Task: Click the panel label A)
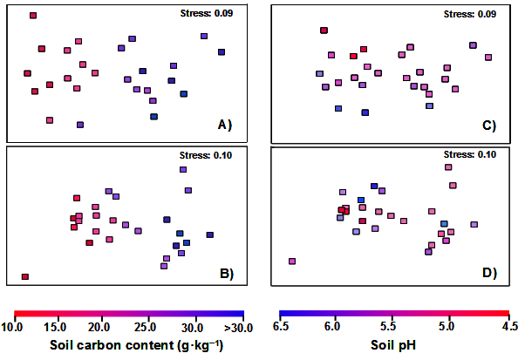pyautogui.click(x=224, y=126)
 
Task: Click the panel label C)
pyautogui.click(x=489, y=126)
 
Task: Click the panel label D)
pyautogui.click(x=489, y=274)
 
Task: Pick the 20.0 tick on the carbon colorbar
pyautogui.click(x=99, y=327)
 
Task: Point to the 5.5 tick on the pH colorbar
pyautogui.click(x=392, y=327)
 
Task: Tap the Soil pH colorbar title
pyautogui.click(x=393, y=344)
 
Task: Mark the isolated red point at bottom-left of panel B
pyautogui.click(x=25, y=276)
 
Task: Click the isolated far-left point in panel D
pyautogui.click(x=292, y=261)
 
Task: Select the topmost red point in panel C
pyautogui.click(x=324, y=31)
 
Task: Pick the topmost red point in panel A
pyautogui.click(x=33, y=16)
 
